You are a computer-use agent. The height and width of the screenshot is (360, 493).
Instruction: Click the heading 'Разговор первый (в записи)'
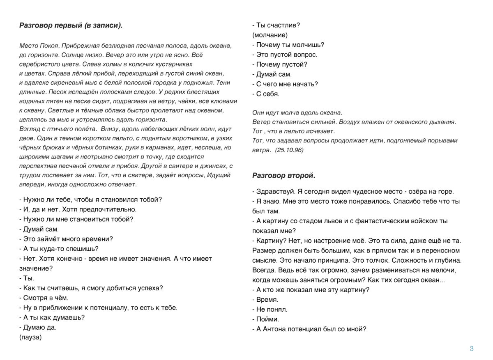coord(71,25)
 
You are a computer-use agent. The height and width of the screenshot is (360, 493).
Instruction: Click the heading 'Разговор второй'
coord(284,176)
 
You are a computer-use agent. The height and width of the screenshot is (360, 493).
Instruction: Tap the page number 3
coord(472,349)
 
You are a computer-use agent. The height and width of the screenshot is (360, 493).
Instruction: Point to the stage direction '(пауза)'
coord(30,337)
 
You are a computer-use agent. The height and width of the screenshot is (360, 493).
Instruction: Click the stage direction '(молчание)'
coord(270,35)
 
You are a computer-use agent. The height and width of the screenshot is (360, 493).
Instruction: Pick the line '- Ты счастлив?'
coord(276,25)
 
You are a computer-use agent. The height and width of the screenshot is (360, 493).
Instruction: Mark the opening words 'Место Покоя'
coord(38,45)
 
